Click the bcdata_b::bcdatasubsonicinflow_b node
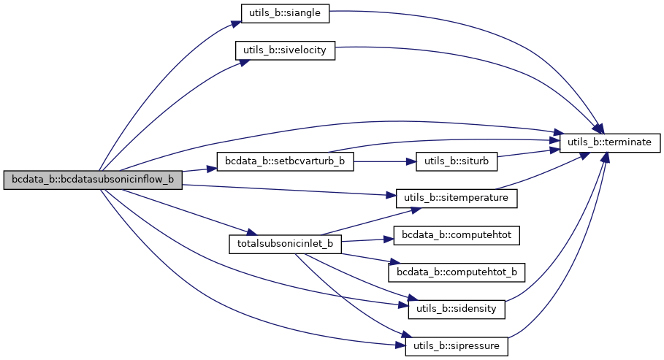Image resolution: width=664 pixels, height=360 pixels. (x=92, y=180)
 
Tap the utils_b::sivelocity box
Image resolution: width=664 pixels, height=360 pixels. (x=284, y=51)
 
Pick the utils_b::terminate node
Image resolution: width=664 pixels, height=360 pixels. (x=611, y=142)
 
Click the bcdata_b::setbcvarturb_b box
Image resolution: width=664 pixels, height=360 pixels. (x=286, y=161)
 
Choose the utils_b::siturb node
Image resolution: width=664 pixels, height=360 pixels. (x=457, y=161)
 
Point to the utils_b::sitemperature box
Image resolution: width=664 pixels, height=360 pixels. (x=457, y=197)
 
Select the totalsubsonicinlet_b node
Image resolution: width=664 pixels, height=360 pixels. (x=286, y=243)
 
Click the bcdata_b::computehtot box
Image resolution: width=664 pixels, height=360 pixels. (x=457, y=235)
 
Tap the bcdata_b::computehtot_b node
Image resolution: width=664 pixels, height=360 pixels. (x=457, y=272)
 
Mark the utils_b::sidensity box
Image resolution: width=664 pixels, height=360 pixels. (x=457, y=308)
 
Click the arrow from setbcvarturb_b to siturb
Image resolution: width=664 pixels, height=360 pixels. (x=384, y=161)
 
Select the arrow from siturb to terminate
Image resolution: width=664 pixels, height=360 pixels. (x=528, y=153)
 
